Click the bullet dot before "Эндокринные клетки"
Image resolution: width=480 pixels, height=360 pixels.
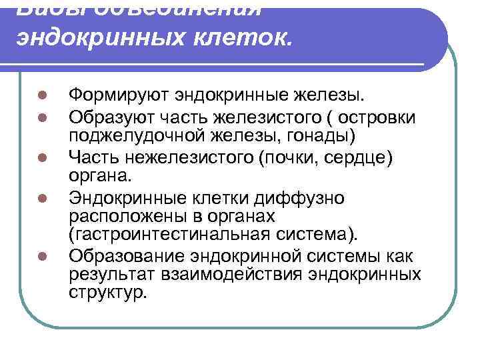(41, 198)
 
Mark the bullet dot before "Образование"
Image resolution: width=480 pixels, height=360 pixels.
(41, 255)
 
